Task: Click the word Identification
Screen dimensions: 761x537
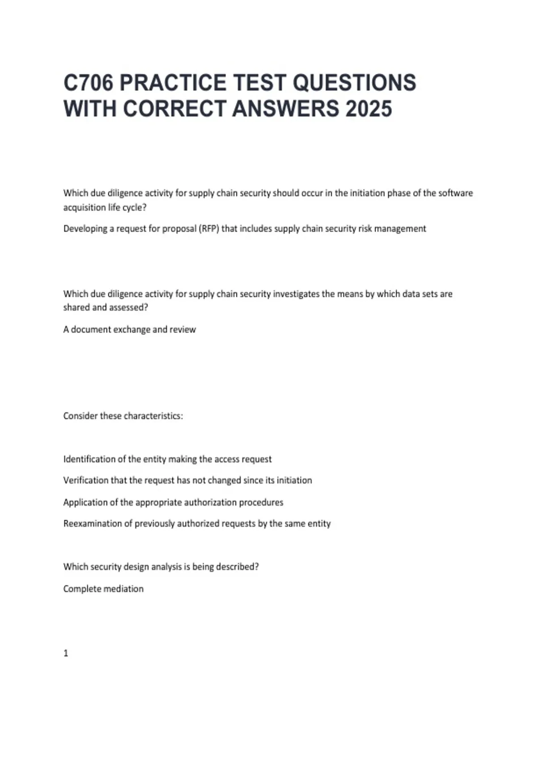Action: click(89, 459)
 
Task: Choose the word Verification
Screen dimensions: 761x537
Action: click(85, 480)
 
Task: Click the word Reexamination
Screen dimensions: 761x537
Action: click(92, 524)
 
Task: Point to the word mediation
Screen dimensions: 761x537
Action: click(123, 589)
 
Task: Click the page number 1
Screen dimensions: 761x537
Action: click(66, 654)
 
